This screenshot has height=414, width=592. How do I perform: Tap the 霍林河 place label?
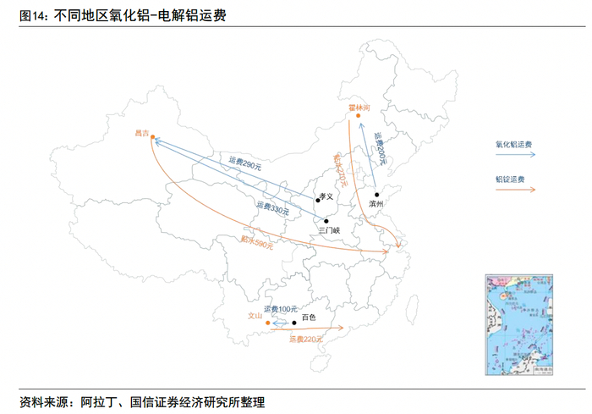[359, 108]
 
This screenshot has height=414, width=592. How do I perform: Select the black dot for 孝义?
[317, 200]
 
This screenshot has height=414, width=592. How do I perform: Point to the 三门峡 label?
[329, 229]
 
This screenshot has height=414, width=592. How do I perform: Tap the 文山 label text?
[255, 316]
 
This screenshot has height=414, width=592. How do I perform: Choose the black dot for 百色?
[294, 323]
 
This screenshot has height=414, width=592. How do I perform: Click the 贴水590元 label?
[257, 242]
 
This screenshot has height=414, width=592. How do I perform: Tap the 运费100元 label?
[281, 309]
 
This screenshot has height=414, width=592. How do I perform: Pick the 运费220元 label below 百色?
[306, 339]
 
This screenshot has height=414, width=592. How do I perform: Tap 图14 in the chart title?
[32, 15]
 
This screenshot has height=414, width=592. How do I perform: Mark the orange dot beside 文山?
[267, 323]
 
